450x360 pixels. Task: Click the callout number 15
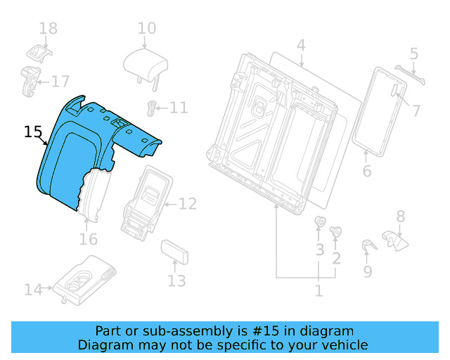[x=32, y=131]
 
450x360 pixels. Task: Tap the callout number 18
[x=48, y=29]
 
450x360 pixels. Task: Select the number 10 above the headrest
[x=147, y=29]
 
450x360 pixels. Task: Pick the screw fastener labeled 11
[x=150, y=108]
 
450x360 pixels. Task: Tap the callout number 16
[x=88, y=240]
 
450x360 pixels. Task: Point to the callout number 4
[x=301, y=46]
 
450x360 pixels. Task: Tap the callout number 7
[x=416, y=110]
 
